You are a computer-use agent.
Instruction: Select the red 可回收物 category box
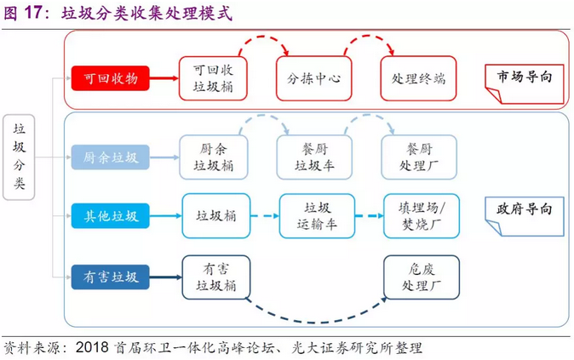111,78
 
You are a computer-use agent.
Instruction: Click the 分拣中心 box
308,78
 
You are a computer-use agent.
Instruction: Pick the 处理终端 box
418,78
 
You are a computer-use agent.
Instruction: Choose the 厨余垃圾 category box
111,157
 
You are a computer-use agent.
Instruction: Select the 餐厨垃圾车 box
314,157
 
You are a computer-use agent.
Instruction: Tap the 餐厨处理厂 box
418,157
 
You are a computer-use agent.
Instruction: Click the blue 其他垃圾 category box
111,215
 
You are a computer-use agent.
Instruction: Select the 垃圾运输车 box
316,215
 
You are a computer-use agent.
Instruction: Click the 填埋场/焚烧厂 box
422,215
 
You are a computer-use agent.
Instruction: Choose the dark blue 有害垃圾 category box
111,276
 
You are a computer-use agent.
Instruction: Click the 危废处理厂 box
422,276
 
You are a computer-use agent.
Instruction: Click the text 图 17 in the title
24,14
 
